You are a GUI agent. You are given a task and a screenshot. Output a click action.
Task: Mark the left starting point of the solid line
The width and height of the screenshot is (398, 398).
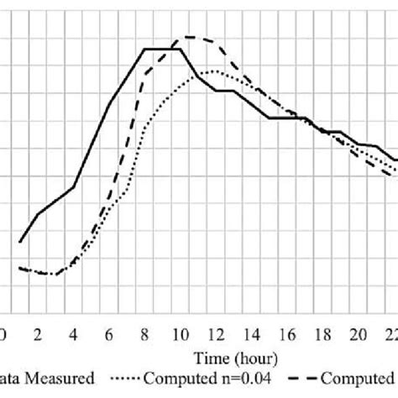[20, 242]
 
